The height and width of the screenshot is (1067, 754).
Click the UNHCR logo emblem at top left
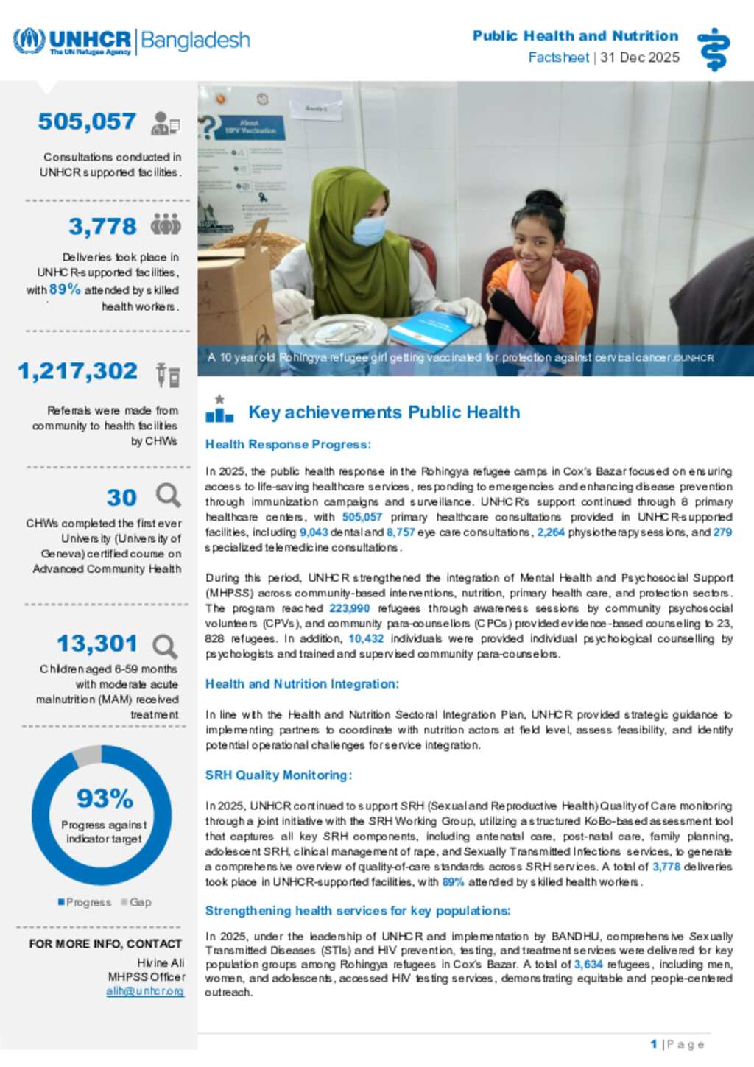coord(29,41)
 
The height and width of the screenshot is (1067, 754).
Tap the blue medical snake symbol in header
coord(713,49)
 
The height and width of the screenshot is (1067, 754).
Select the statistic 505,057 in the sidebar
coord(87,122)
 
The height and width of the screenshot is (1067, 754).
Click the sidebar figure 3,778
coord(102,226)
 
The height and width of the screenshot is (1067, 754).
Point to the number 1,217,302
coord(78,371)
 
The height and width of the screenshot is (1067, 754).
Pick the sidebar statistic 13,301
coord(97,644)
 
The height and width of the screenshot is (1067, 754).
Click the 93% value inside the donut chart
coord(105,798)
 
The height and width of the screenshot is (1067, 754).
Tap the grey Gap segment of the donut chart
coord(88,755)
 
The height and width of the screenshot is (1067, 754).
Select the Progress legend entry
coord(85,902)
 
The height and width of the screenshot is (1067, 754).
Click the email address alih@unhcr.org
coord(145,991)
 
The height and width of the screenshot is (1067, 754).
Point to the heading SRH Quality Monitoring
coord(278,775)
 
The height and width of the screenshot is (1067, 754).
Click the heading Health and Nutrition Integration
coord(302,683)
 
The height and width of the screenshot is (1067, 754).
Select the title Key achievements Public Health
coord(384,412)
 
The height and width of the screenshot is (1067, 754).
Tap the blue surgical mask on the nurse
coord(368,230)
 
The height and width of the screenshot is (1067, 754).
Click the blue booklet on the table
coord(431,328)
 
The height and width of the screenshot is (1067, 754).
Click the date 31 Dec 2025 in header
coord(639,57)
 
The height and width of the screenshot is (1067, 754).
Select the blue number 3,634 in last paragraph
coord(588,964)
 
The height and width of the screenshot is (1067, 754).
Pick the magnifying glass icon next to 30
coord(168,496)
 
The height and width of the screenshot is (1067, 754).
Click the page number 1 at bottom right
coord(654,1044)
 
